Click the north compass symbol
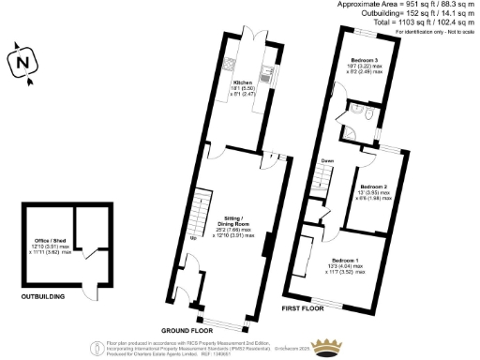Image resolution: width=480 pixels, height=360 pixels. coord(22,61)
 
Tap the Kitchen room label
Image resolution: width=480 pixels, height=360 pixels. coord(243,82)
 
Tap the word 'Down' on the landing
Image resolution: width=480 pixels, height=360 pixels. coord(327,160)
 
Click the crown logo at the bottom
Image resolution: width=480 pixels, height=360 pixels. coord(329,346)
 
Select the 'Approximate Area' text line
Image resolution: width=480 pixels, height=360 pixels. coord(407,5)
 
